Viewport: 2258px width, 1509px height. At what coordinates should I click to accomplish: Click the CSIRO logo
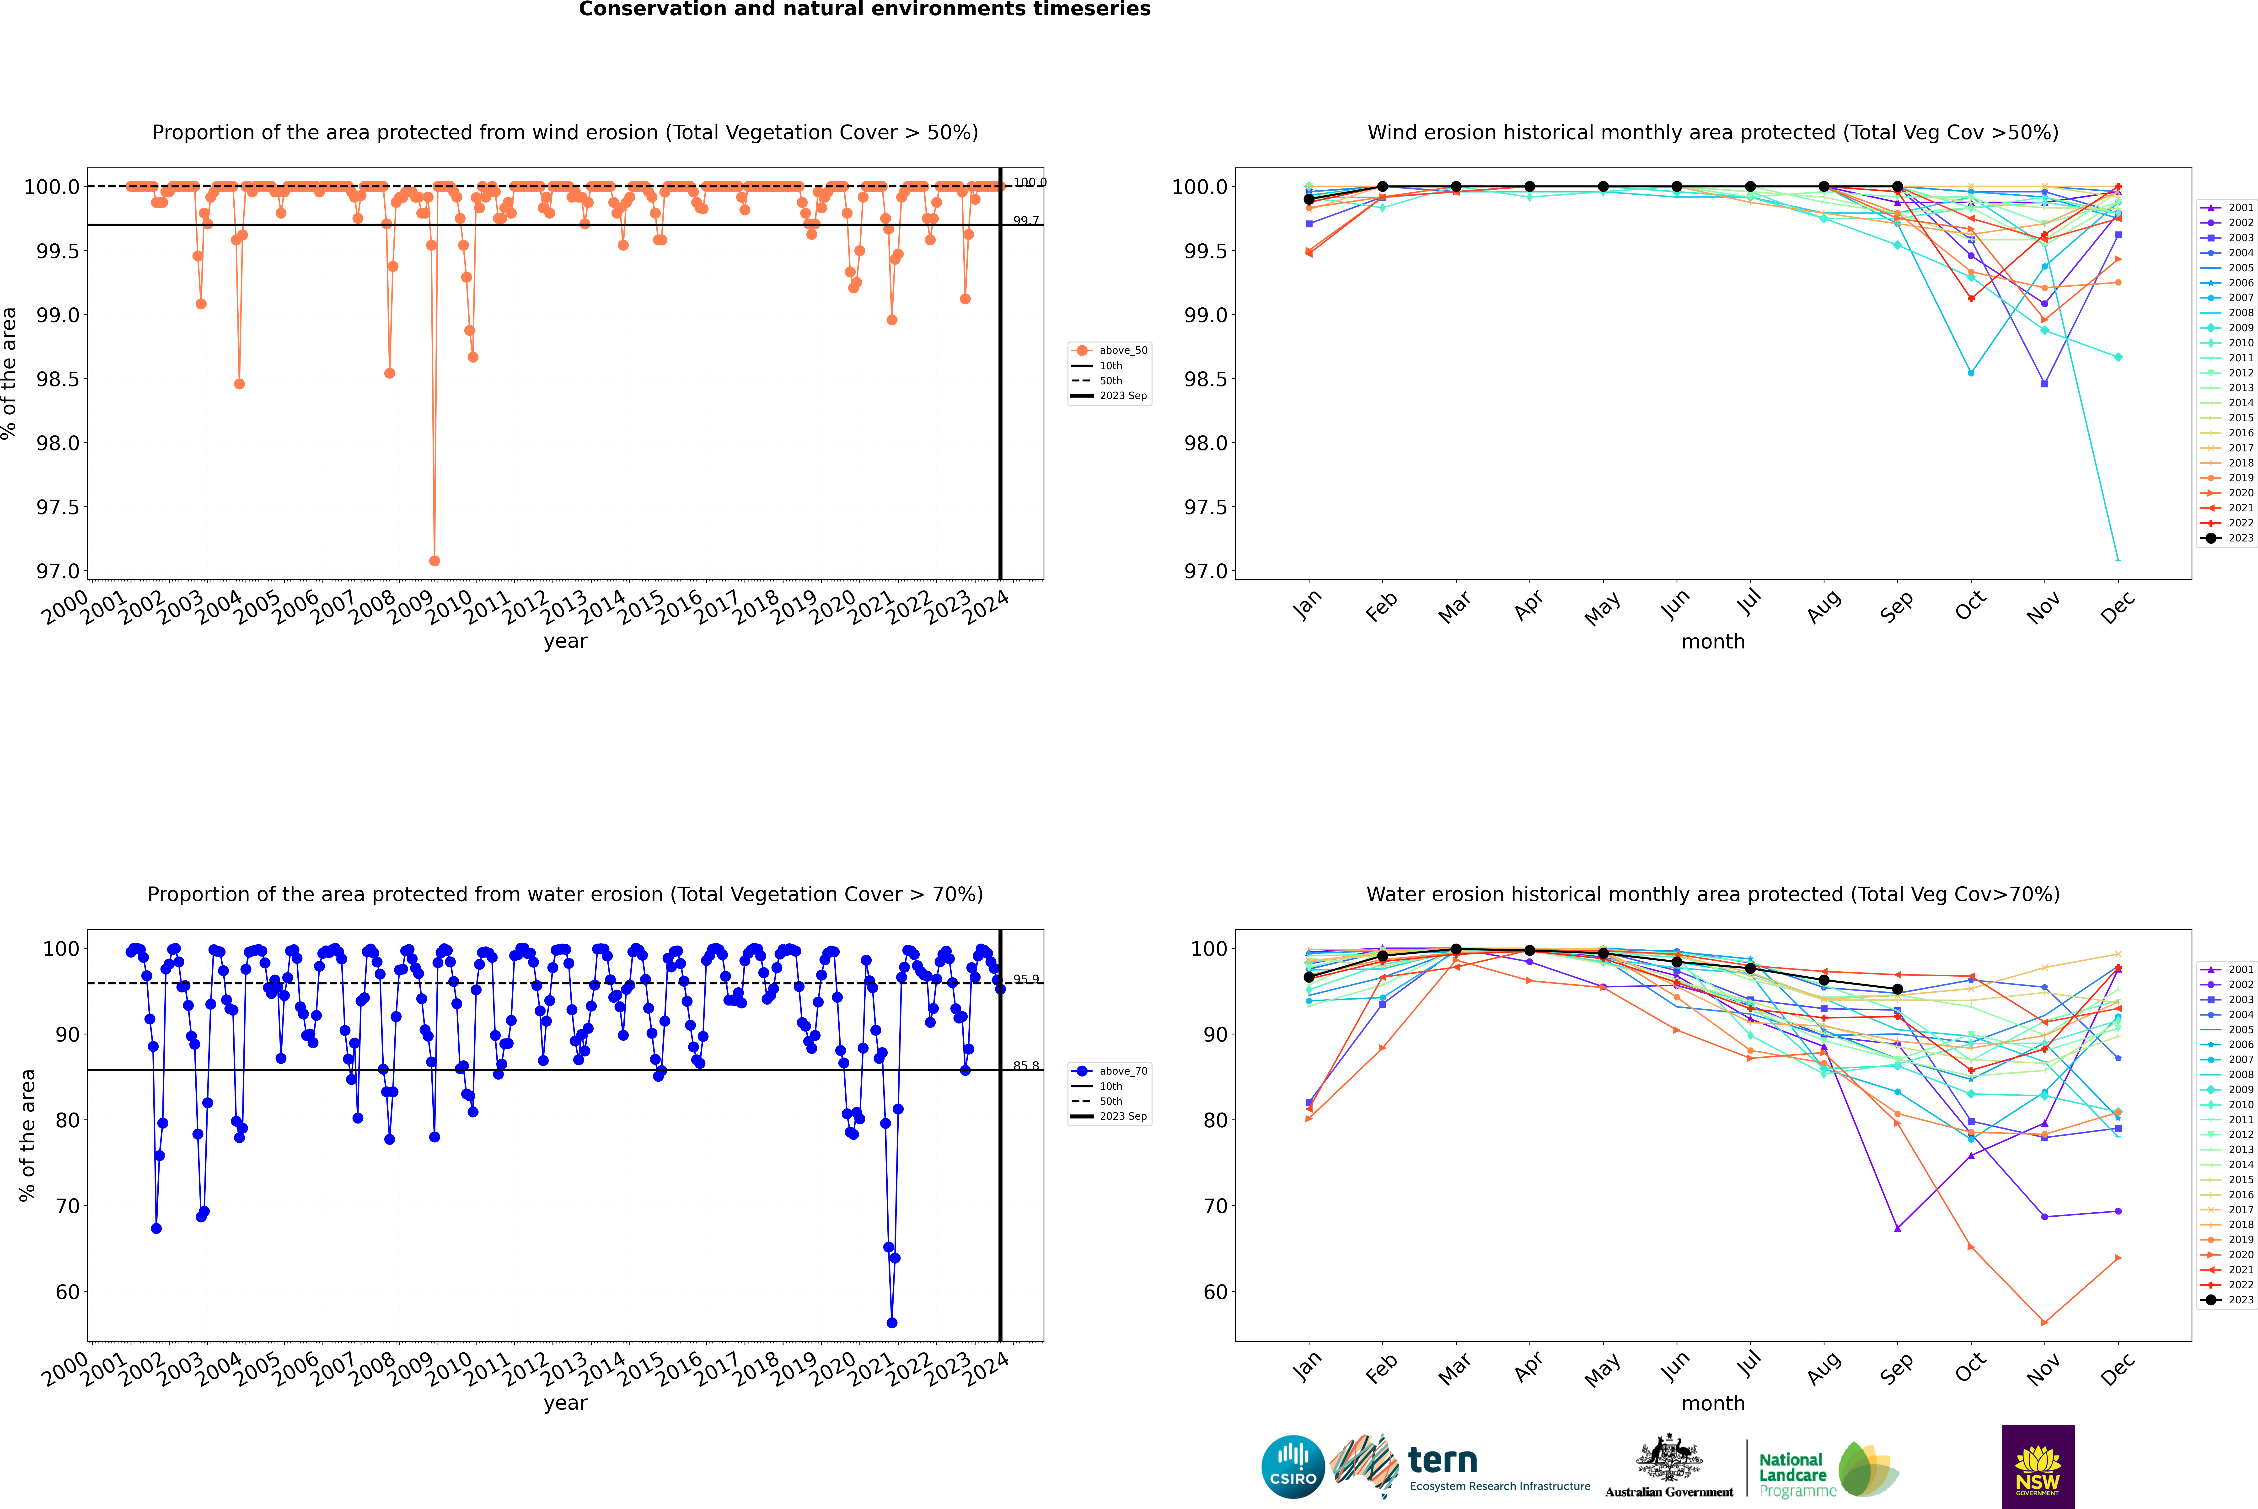tap(1293, 1467)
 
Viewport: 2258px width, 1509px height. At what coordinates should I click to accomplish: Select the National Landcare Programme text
tap(1792, 1474)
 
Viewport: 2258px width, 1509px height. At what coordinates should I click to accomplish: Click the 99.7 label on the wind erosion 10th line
tap(1026, 220)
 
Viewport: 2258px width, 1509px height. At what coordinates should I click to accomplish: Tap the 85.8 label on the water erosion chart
tap(1026, 1065)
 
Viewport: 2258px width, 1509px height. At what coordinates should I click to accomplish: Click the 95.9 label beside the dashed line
tap(1026, 979)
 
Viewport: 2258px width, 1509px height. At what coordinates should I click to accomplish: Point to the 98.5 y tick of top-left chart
tap(58, 379)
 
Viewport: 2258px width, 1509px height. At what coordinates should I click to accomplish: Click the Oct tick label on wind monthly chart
tap(1970, 605)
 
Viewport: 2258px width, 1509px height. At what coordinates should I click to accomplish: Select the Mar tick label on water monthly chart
tap(1454, 1368)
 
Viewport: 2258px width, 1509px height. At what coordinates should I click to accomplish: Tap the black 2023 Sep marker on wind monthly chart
tap(1897, 187)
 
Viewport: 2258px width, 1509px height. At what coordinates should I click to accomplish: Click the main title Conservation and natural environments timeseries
tap(864, 10)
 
